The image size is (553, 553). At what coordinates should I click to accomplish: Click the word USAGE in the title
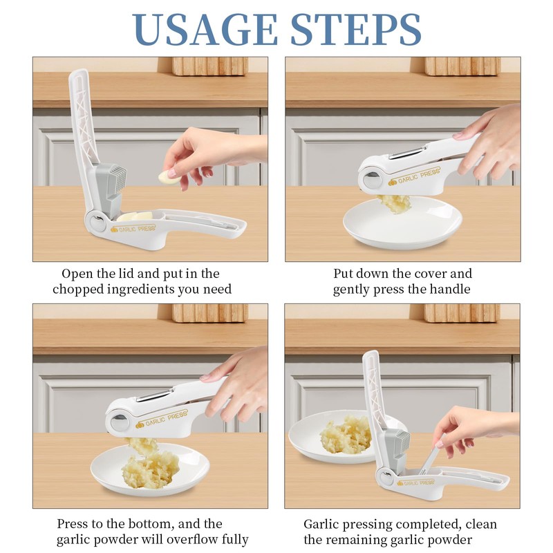tap(205, 30)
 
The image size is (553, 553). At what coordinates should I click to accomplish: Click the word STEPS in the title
tap(356, 30)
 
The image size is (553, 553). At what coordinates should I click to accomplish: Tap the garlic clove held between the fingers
tap(169, 177)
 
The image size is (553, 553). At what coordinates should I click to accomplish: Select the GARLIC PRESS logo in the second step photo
tap(414, 177)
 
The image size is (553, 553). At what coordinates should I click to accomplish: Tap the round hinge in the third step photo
tap(119, 422)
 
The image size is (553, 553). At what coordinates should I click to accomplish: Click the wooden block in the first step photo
tap(210, 66)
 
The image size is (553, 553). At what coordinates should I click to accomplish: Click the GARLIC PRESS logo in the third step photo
tap(162, 419)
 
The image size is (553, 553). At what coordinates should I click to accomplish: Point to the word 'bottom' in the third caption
tap(151, 524)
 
